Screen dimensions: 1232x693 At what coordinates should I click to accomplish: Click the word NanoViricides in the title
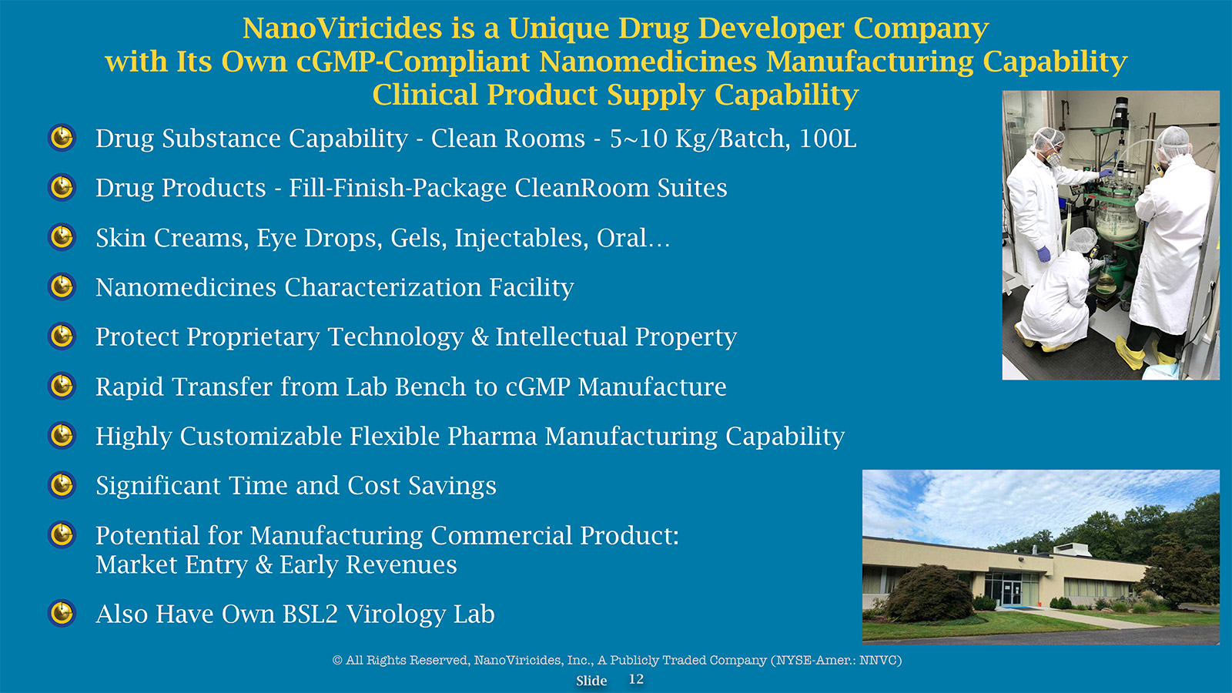342,28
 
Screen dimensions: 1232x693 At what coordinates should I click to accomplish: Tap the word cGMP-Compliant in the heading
413,62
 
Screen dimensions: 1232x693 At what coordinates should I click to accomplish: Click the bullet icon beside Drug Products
62,187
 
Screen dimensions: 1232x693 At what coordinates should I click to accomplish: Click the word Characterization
383,287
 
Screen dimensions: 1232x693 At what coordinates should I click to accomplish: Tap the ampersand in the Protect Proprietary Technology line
480,336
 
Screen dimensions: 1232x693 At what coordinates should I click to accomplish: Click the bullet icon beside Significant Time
62,484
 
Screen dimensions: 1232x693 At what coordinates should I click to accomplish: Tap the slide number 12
636,679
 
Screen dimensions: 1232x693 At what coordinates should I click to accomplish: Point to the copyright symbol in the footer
337,660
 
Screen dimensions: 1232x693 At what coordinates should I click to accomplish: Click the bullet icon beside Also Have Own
62,613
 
